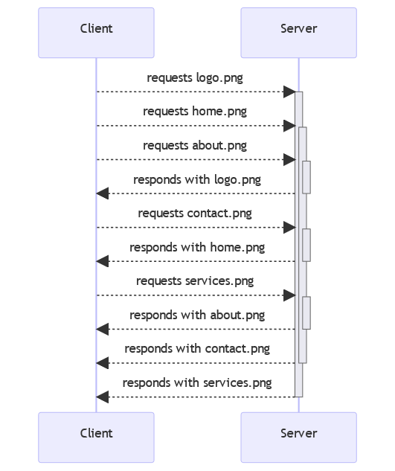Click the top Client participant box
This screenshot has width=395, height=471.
tap(96, 33)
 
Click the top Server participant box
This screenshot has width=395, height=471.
tap(298, 33)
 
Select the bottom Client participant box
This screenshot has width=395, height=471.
tap(96, 438)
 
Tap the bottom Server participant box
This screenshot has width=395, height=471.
tap(298, 438)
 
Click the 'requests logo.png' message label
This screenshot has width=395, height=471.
tap(195, 78)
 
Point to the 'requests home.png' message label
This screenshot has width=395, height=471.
tap(195, 112)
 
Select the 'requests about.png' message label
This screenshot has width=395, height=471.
tap(195, 146)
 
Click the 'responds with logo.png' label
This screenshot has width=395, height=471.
tap(197, 179)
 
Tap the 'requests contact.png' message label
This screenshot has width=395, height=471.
tap(195, 214)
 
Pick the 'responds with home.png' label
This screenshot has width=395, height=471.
tap(197, 248)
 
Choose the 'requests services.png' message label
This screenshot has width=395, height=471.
tap(195, 281)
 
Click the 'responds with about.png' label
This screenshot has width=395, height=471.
tap(197, 315)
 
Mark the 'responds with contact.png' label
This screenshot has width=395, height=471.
tap(197, 349)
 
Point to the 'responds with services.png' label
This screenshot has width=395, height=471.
tap(197, 383)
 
